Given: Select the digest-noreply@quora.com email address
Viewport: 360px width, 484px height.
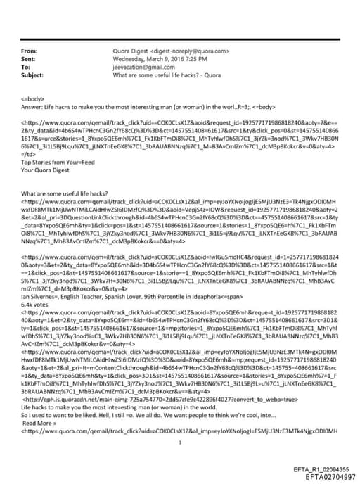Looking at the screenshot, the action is [193, 51].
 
